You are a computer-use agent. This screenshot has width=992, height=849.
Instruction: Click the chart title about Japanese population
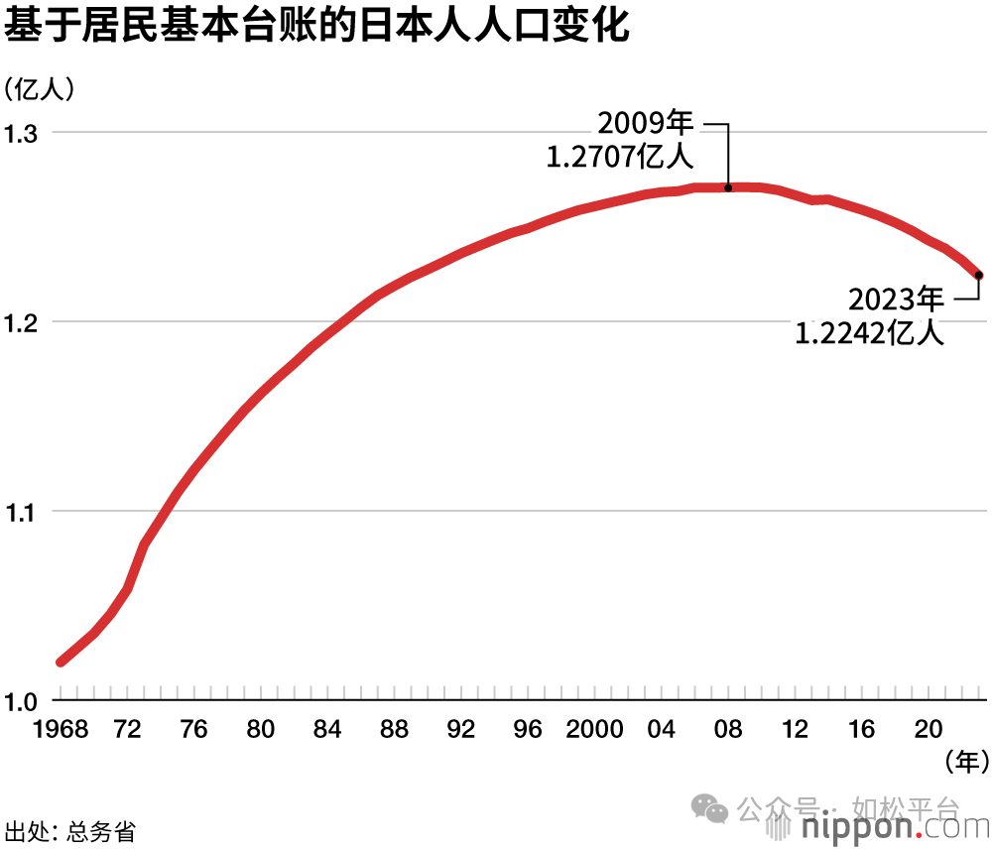[x=316, y=28]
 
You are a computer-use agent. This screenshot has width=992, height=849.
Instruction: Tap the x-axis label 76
[x=194, y=731]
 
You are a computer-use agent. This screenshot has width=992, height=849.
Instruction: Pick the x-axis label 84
[x=327, y=731]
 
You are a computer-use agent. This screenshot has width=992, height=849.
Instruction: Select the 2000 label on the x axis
[x=595, y=731]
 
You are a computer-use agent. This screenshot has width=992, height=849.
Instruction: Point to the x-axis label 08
[x=728, y=731]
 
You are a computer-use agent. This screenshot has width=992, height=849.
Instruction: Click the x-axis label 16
[x=862, y=731]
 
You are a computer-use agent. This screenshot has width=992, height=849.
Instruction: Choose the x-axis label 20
[x=929, y=731]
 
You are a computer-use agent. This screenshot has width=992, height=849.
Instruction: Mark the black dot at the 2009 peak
[x=728, y=187]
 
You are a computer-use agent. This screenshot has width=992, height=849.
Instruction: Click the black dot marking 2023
[x=978, y=275]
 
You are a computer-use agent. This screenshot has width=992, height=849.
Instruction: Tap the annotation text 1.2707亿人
[x=621, y=158]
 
